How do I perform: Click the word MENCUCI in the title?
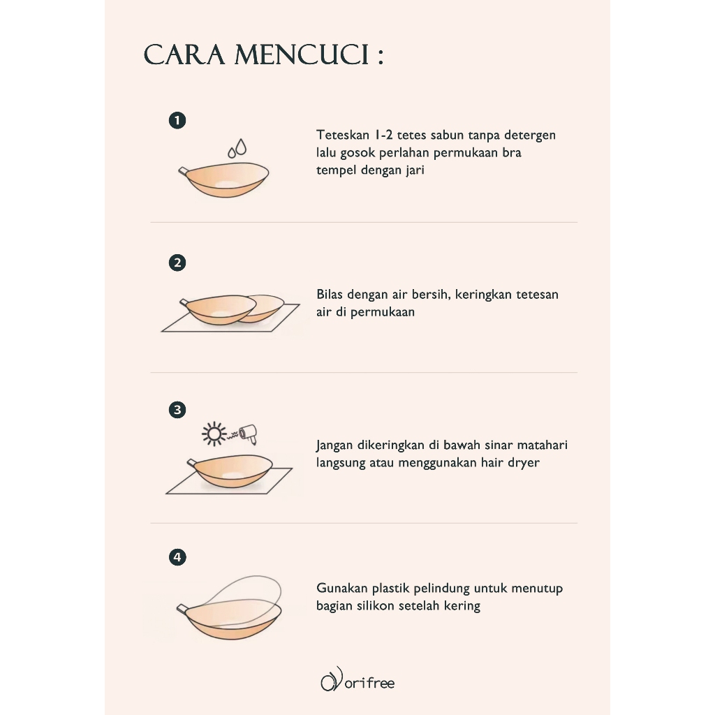point(302,55)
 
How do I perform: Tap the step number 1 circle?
point(177,120)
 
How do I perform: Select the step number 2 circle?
point(177,263)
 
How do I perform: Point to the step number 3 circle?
point(177,409)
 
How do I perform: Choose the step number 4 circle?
point(177,556)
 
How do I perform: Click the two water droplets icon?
point(237,148)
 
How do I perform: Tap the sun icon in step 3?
point(214,433)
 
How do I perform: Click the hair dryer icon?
point(249,434)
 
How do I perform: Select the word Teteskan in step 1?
point(343,135)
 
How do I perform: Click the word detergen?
point(530,136)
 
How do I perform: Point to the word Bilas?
point(330,294)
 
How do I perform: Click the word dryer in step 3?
point(524,464)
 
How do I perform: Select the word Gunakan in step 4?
point(341,588)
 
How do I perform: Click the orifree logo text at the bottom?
point(369,683)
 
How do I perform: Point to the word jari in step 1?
point(415,170)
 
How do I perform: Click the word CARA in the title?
point(184,55)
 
